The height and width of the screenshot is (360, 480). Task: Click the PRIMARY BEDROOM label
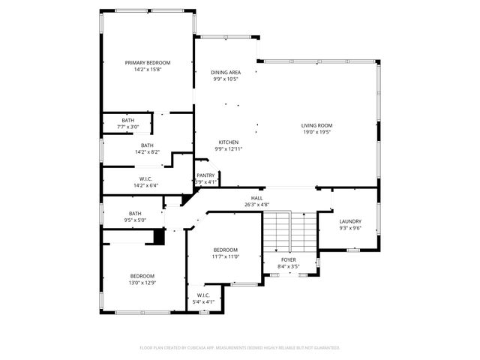148,62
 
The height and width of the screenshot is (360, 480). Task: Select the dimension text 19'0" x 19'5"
317,132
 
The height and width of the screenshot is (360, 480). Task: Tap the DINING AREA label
226,72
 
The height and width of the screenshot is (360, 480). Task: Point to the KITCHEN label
229,142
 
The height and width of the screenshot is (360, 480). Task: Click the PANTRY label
205,175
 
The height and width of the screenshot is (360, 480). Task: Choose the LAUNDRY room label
350,221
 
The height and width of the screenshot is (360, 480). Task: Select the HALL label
256,197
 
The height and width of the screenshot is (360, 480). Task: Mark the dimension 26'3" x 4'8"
256,204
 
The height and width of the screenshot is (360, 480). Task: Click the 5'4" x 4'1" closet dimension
203,301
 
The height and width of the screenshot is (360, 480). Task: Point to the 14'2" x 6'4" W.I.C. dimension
147,185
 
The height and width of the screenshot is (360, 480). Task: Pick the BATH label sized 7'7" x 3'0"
128,120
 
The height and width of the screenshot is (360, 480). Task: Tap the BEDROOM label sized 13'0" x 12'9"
142,276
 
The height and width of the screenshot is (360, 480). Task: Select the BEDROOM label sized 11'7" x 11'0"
225,250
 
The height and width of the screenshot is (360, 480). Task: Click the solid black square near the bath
158,237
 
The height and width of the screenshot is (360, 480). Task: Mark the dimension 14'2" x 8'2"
147,152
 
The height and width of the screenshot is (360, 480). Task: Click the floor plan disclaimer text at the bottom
240,347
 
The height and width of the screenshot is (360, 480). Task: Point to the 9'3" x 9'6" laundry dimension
350,228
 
